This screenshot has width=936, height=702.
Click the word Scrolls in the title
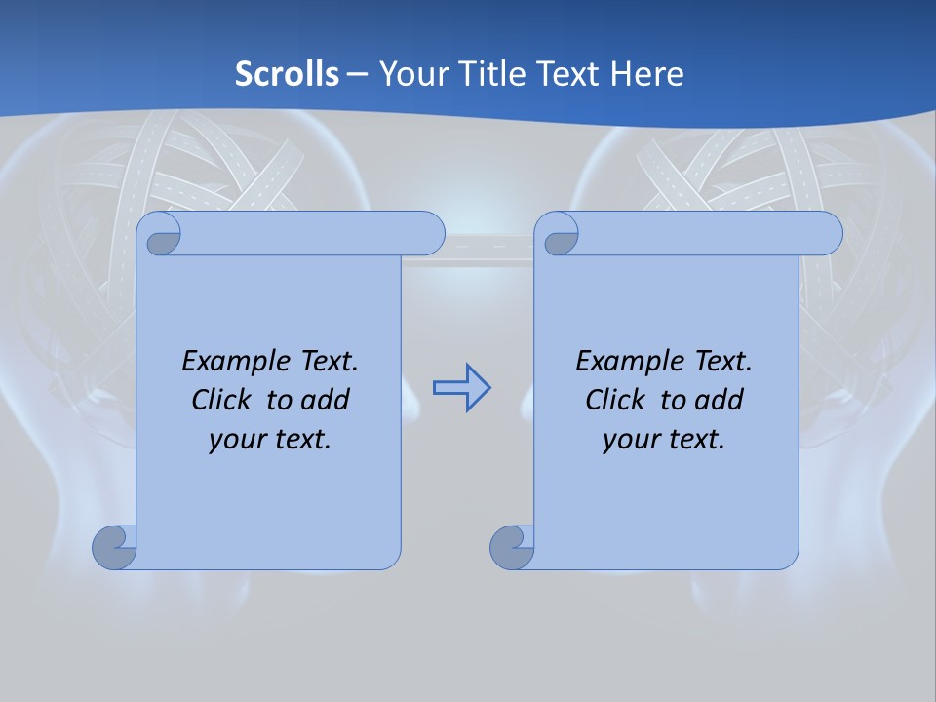point(287,73)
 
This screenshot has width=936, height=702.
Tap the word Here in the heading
point(646,73)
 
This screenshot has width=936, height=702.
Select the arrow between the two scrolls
point(461,388)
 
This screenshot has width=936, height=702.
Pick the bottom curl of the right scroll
point(512,547)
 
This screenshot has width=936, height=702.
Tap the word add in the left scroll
point(326,400)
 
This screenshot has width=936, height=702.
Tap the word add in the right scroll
point(720,400)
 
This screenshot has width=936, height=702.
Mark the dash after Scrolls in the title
point(357,73)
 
